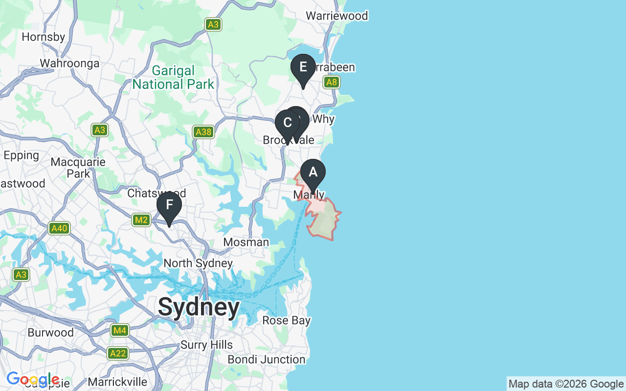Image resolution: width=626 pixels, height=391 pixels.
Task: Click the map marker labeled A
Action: [x=313, y=173]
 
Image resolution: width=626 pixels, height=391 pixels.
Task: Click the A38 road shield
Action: [x=203, y=132]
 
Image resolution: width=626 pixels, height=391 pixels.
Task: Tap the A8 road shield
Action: [x=332, y=82]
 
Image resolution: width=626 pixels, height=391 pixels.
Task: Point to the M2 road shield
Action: [x=141, y=220]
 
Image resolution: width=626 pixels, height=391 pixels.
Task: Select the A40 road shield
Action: [x=59, y=228]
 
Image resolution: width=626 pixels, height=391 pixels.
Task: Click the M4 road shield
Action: [x=119, y=331]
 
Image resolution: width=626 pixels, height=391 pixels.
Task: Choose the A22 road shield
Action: [x=118, y=353]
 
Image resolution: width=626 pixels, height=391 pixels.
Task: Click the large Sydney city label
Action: [x=199, y=307]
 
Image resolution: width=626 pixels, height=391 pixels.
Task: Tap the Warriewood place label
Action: [x=336, y=16]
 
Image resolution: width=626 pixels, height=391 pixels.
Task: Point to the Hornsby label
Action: [x=44, y=37]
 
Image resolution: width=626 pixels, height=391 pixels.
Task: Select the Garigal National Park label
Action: [x=173, y=78]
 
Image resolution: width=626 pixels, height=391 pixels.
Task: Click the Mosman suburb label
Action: [x=246, y=242]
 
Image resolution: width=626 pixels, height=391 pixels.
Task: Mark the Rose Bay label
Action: [x=286, y=321]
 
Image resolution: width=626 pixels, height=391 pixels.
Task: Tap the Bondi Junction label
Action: [x=267, y=360]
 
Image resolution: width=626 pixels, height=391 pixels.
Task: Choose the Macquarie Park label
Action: [x=78, y=168]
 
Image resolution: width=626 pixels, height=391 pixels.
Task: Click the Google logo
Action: [x=33, y=379]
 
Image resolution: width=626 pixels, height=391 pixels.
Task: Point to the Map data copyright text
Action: [x=566, y=384]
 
